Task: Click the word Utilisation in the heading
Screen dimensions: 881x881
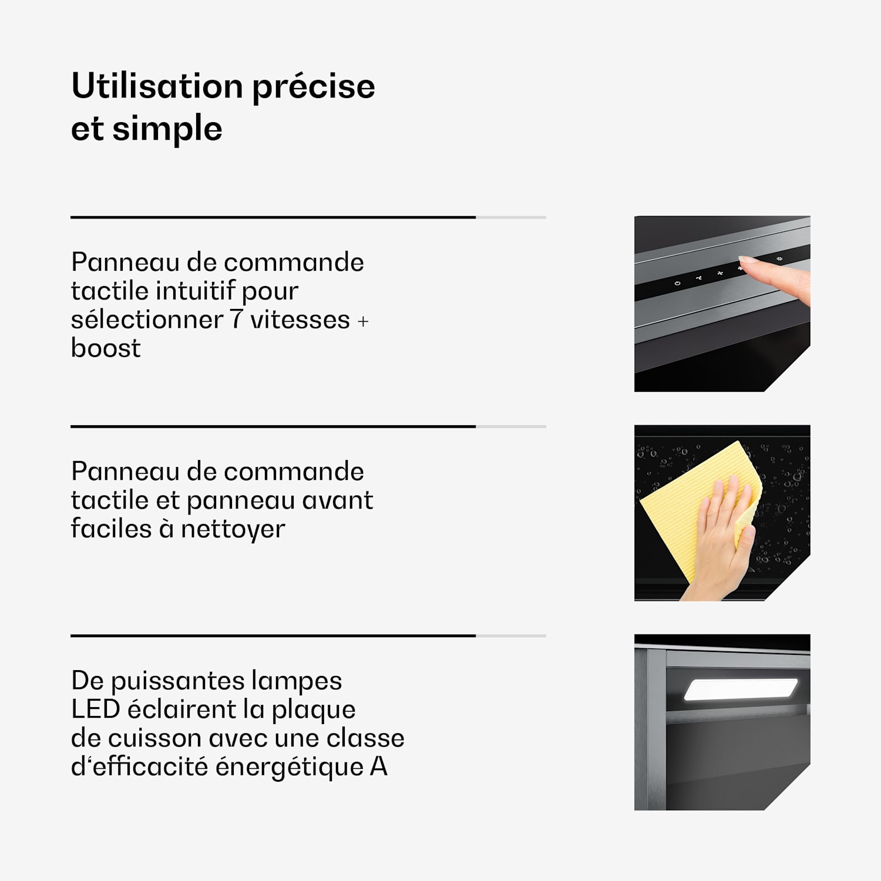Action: coord(157,86)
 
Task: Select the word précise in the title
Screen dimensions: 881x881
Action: coord(314,88)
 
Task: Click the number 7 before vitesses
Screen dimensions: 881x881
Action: coord(236,320)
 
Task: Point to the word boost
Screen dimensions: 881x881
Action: coord(106,348)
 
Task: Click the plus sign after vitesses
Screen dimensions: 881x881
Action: coord(363,321)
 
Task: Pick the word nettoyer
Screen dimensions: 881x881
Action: coord(233,529)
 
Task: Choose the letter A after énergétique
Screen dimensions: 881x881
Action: coord(379,766)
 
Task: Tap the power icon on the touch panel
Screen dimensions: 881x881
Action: coord(677,283)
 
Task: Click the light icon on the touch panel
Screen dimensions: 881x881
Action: coord(779,259)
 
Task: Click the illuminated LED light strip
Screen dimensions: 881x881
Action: coord(741,690)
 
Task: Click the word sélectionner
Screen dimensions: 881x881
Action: coord(147,320)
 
